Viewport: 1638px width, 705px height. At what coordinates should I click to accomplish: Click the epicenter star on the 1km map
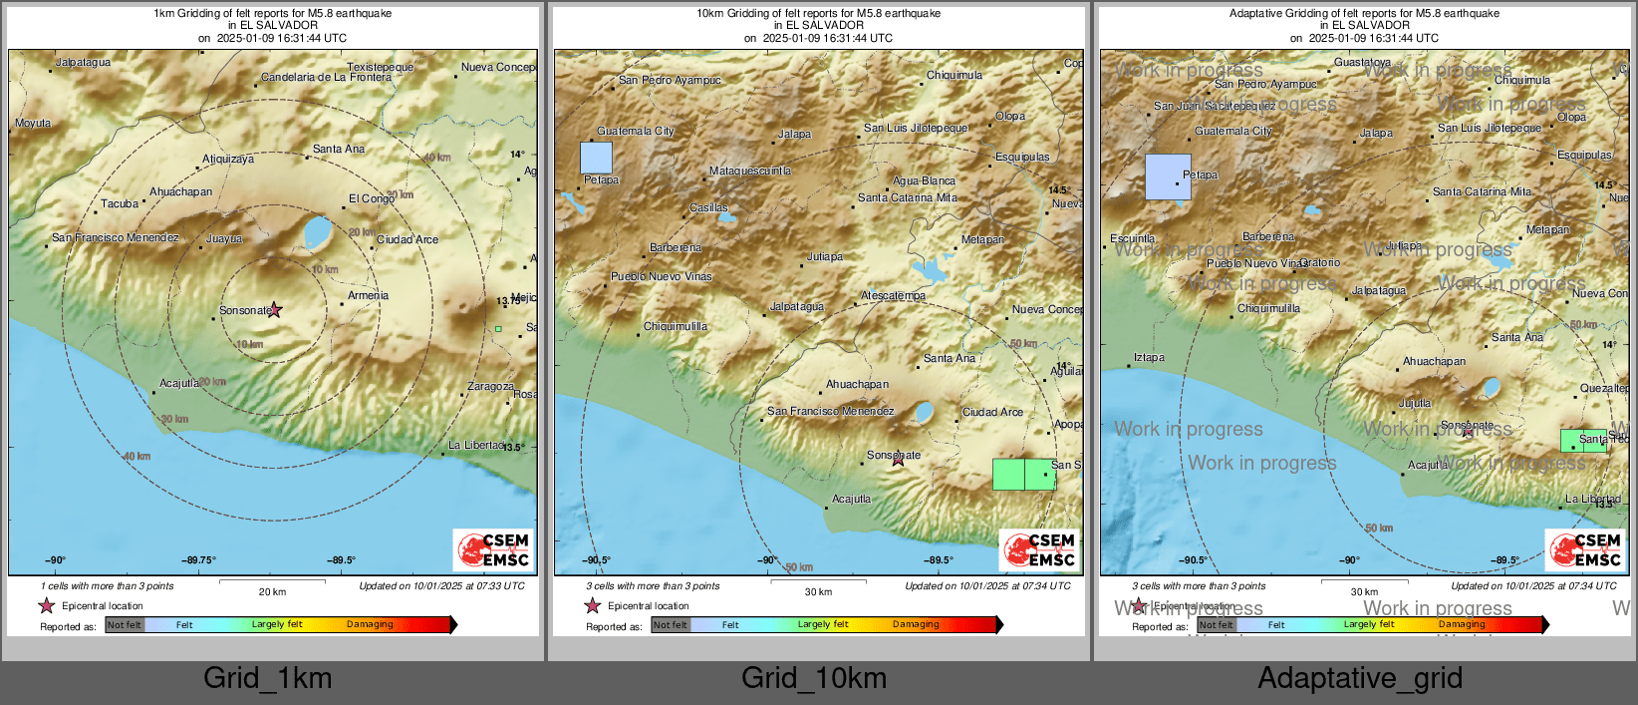click(275, 310)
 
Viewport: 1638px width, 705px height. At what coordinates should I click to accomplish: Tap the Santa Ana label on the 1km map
click(339, 149)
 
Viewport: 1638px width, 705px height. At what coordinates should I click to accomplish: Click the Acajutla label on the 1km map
click(179, 383)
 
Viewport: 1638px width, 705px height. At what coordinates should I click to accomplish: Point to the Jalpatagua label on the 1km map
click(83, 62)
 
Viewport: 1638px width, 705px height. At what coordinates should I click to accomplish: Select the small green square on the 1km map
click(498, 328)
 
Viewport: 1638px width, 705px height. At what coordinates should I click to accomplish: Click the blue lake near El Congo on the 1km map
click(318, 232)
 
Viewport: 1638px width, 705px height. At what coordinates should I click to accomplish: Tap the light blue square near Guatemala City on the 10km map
click(596, 158)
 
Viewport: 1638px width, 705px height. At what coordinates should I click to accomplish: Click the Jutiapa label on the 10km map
click(824, 256)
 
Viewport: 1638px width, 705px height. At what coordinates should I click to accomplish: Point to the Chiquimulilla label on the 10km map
click(676, 326)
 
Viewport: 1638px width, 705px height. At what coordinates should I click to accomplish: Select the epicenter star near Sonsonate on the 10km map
click(898, 459)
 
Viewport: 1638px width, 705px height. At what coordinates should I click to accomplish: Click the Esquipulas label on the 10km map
click(1022, 157)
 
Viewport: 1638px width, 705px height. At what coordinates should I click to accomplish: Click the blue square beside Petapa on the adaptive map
click(1167, 176)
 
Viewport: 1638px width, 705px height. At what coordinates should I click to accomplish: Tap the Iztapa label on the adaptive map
click(1149, 357)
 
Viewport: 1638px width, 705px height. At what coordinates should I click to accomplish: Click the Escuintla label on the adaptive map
click(1133, 238)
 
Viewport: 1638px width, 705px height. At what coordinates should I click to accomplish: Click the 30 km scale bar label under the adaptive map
click(1364, 591)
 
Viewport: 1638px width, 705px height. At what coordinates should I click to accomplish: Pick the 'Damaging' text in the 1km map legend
click(370, 624)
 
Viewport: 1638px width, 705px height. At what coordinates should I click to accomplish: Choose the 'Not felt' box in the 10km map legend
click(670, 625)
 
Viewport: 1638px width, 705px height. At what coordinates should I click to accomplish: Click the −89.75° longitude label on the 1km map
click(198, 560)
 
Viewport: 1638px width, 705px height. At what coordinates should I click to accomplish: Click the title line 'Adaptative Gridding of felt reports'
click(1364, 13)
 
